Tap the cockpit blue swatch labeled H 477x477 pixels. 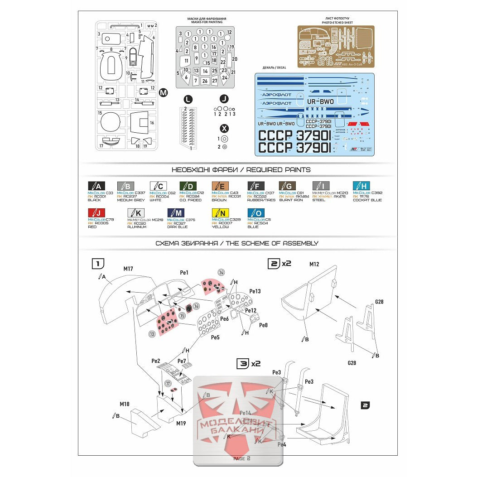click(361, 185)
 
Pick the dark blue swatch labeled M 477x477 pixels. click(176, 212)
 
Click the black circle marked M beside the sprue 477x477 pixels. click(164, 92)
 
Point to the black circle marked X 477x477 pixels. click(223, 128)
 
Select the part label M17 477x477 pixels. click(128, 269)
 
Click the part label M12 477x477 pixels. click(314, 264)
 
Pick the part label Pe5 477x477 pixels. click(215, 337)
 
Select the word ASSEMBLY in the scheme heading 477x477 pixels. click(298, 243)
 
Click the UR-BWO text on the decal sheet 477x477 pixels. click(320, 102)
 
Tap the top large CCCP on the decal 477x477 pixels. click(275, 136)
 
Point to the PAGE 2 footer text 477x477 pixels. click(241, 459)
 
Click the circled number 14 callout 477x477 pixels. click(221, 272)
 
